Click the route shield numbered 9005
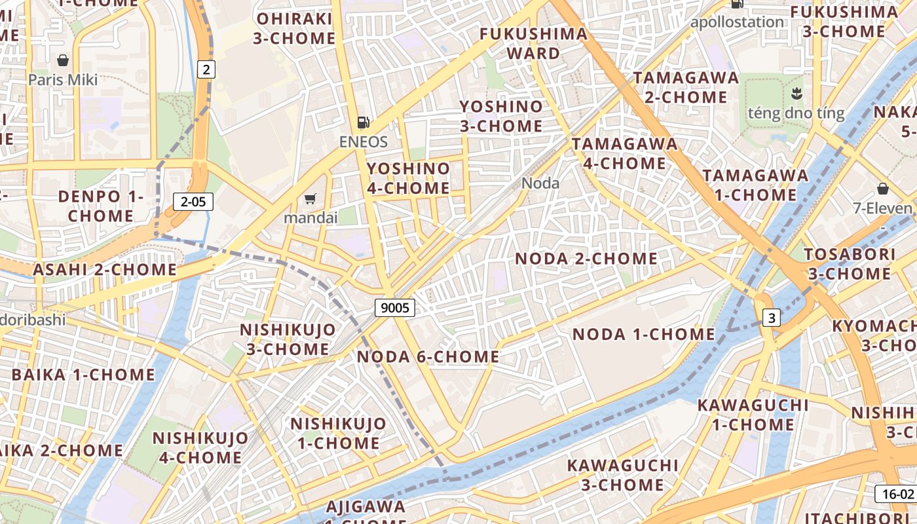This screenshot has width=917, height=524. (x=395, y=307)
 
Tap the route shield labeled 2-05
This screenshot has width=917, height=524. (x=193, y=202)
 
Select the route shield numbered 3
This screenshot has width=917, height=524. (x=772, y=318)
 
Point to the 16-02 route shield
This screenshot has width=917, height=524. (x=895, y=494)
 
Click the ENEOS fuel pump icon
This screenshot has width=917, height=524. (x=363, y=122)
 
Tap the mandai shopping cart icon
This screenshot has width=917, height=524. (x=310, y=198)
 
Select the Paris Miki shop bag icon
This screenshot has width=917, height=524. (x=63, y=61)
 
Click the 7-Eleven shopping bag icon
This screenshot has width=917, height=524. (x=882, y=189)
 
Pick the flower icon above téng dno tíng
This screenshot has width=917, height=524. (x=796, y=92)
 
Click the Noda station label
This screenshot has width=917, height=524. (x=540, y=183)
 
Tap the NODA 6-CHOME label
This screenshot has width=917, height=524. (x=428, y=357)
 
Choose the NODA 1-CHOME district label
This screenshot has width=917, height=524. (x=644, y=334)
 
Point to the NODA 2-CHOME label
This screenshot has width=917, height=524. (x=586, y=259)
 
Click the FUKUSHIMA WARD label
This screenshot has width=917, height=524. (x=533, y=43)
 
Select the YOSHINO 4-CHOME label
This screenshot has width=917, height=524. (x=408, y=178)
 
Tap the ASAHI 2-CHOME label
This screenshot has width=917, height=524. (x=105, y=269)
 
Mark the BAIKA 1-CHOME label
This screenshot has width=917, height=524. (x=83, y=375)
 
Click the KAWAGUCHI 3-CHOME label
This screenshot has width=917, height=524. (x=622, y=475)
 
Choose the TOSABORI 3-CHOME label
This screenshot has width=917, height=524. (x=849, y=263)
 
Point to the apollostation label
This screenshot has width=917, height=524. (x=737, y=22)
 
